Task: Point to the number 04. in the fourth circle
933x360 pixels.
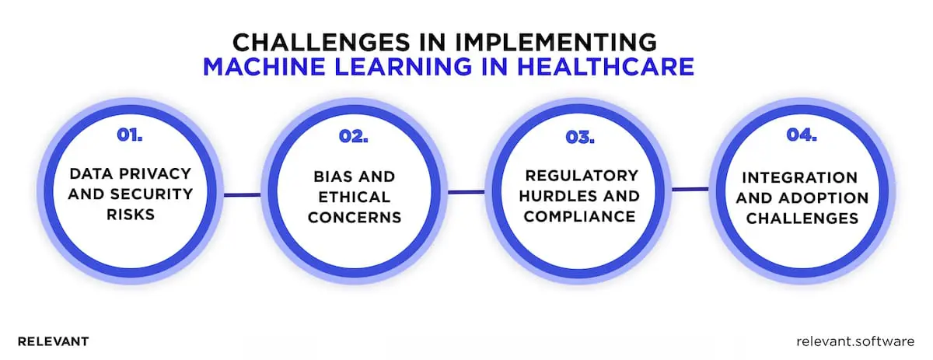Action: click(801, 135)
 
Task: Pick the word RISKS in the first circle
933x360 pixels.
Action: click(129, 214)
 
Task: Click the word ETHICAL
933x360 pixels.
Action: click(355, 197)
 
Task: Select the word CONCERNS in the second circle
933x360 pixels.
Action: click(355, 218)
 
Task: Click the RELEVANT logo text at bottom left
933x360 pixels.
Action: click(53, 341)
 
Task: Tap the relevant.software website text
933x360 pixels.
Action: click(856, 341)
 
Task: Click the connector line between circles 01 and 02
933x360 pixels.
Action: click(242, 194)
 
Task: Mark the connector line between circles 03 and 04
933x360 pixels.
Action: click(690, 188)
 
